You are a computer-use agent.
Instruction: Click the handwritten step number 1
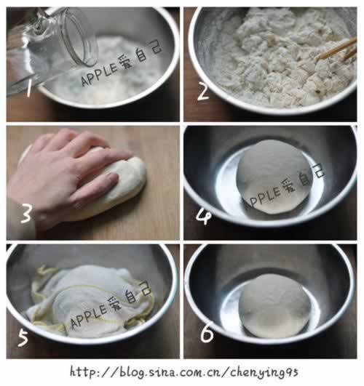point(29,89)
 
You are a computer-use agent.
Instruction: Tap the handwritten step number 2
point(204,92)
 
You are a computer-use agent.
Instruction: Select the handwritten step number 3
point(26,214)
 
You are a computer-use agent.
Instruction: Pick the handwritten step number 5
point(23,338)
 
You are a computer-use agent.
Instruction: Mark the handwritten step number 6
point(207,333)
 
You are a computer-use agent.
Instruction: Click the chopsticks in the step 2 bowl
point(336,50)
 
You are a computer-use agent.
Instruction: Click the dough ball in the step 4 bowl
point(273,177)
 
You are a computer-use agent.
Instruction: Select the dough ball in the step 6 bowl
point(274,306)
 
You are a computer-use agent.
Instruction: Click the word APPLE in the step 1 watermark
point(99,74)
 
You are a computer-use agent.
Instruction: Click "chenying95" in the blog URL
point(264,372)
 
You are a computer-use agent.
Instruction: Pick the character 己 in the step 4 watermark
point(318,171)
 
